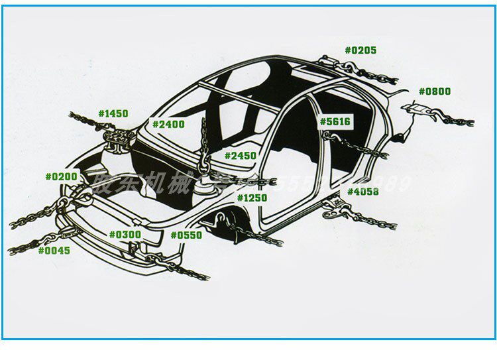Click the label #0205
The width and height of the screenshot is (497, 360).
(360, 50)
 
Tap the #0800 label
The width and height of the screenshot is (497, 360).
(435, 91)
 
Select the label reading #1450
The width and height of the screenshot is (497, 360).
(113, 113)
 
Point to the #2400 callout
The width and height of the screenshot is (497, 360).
(168, 124)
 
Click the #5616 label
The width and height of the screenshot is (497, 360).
(335, 121)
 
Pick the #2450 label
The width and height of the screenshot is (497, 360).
(240, 156)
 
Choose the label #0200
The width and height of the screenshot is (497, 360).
(61, 176)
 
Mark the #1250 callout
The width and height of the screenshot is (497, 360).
(252, 198)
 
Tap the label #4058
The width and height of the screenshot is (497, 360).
(363, 192)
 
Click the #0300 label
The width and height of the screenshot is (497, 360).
(125, 235)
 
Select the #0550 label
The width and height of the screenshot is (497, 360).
(186, 235)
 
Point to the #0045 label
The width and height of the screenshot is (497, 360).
(54, 251)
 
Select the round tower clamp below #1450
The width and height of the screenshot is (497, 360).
(117, 140)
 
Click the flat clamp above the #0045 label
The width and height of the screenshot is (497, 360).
(69, 232)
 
